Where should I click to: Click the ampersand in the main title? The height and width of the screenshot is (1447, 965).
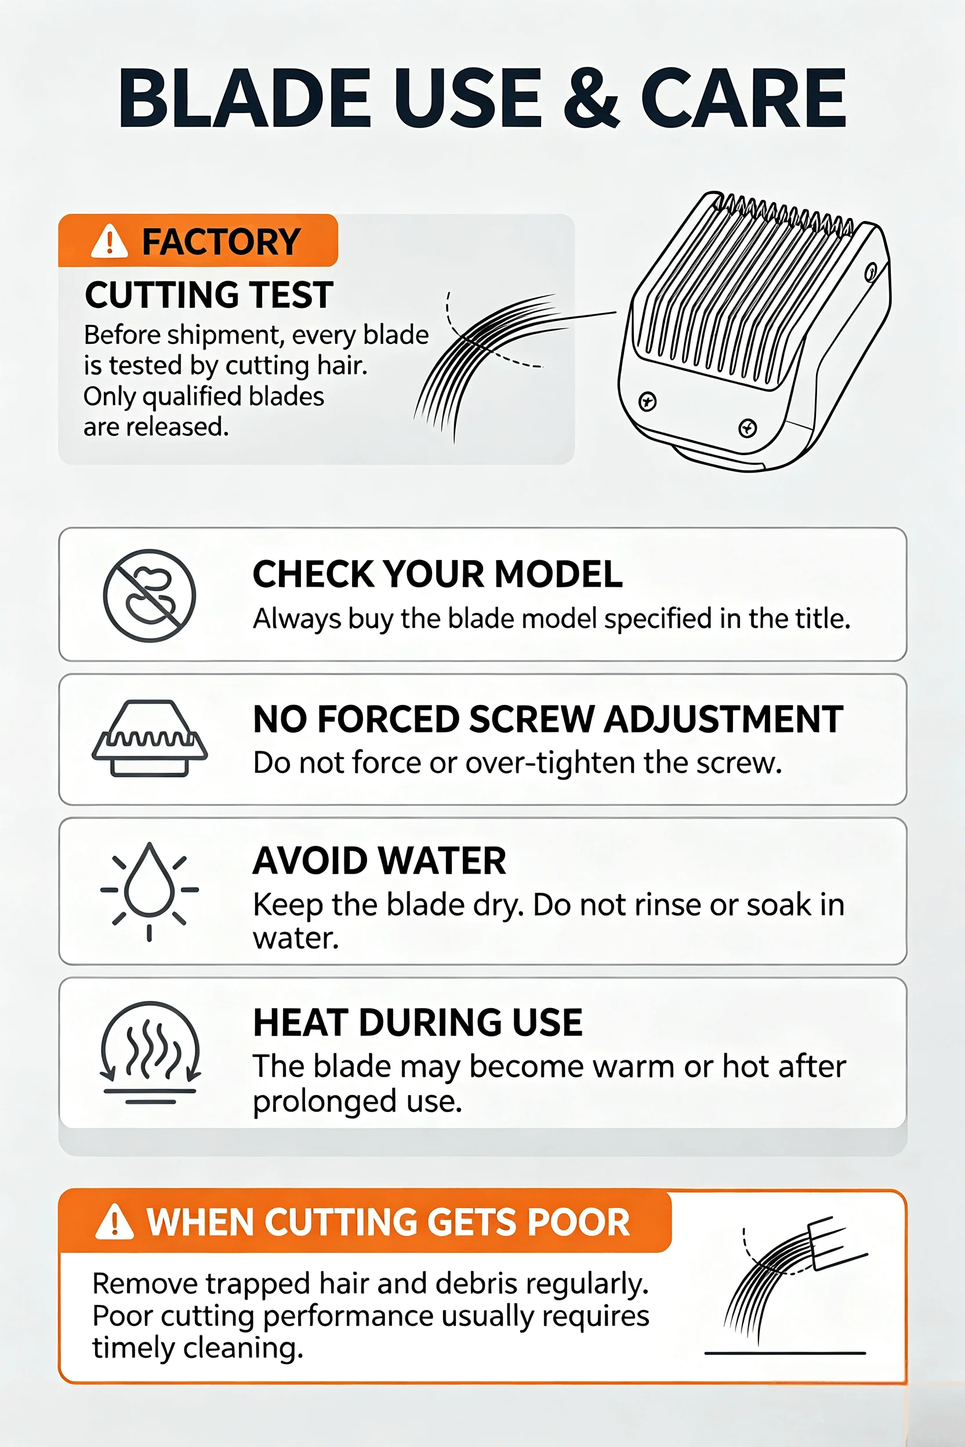591,98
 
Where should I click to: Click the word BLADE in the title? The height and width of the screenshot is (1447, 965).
245,98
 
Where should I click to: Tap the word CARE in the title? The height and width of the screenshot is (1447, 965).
744,98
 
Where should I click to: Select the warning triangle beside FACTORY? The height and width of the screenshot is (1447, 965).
109,241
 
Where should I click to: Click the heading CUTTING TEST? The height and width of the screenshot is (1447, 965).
209,295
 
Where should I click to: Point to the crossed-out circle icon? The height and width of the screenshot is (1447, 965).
150,595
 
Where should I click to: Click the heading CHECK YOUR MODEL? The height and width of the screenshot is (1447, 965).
438,574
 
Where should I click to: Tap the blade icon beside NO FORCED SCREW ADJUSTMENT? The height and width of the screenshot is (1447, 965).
150,738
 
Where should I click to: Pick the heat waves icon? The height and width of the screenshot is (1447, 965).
150,1053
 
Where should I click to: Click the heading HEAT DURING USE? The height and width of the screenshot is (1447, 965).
418,1023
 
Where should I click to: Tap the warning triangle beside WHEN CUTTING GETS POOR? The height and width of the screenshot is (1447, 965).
114,1222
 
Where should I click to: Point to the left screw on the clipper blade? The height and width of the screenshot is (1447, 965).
647,402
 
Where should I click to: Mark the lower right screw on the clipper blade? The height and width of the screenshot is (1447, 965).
748,428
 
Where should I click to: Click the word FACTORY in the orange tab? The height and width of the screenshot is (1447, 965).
222,241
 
